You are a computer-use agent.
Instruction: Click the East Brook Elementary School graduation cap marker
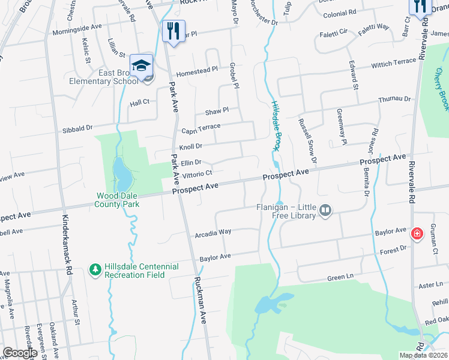tap(141, 66)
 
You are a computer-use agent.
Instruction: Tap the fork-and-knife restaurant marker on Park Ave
tap(173, 31)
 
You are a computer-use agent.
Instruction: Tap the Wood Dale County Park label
tap(118, 200)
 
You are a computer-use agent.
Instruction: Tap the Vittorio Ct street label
tap(197, 173)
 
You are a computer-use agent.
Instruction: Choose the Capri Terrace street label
tap(201, 129)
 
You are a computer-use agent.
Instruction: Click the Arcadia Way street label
tap(212, 232)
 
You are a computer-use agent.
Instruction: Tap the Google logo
tap(20, 353)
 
